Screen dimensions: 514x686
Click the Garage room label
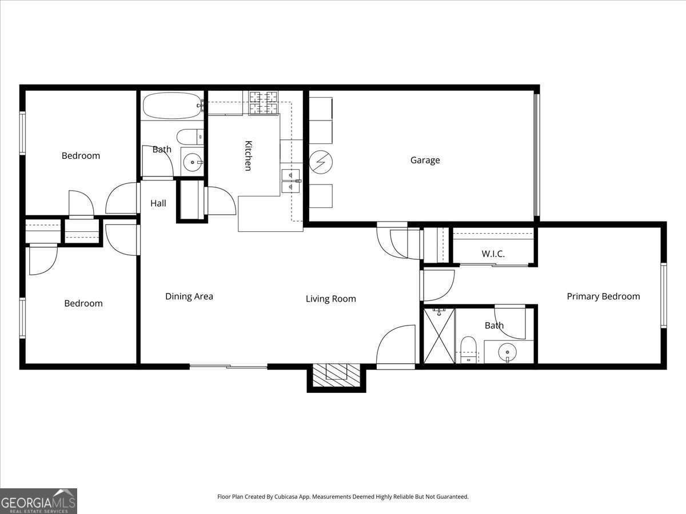(x=425, y=160)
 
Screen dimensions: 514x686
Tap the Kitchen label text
(x=248, y=155)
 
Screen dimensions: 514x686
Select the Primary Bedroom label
(x=603, y=296)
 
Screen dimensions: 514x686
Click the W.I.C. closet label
(x=493, y=254)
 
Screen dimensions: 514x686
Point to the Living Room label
(x=330, y=299)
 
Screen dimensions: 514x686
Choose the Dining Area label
(x=189, y=296)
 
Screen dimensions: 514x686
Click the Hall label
(x=158, y=203)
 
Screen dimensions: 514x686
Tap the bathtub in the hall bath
(x=171, y=105)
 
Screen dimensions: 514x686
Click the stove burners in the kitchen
(x=264, y=102)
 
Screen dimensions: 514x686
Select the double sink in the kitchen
(x=290, y=180)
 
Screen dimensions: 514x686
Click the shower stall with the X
(x=438, y=335)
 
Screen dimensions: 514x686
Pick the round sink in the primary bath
(x=506, y=352)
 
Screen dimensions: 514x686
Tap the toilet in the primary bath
(x=468, y=348)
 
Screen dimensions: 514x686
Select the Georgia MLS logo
(x=38, y=501)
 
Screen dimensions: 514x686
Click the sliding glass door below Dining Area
(x=228, y=366)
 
